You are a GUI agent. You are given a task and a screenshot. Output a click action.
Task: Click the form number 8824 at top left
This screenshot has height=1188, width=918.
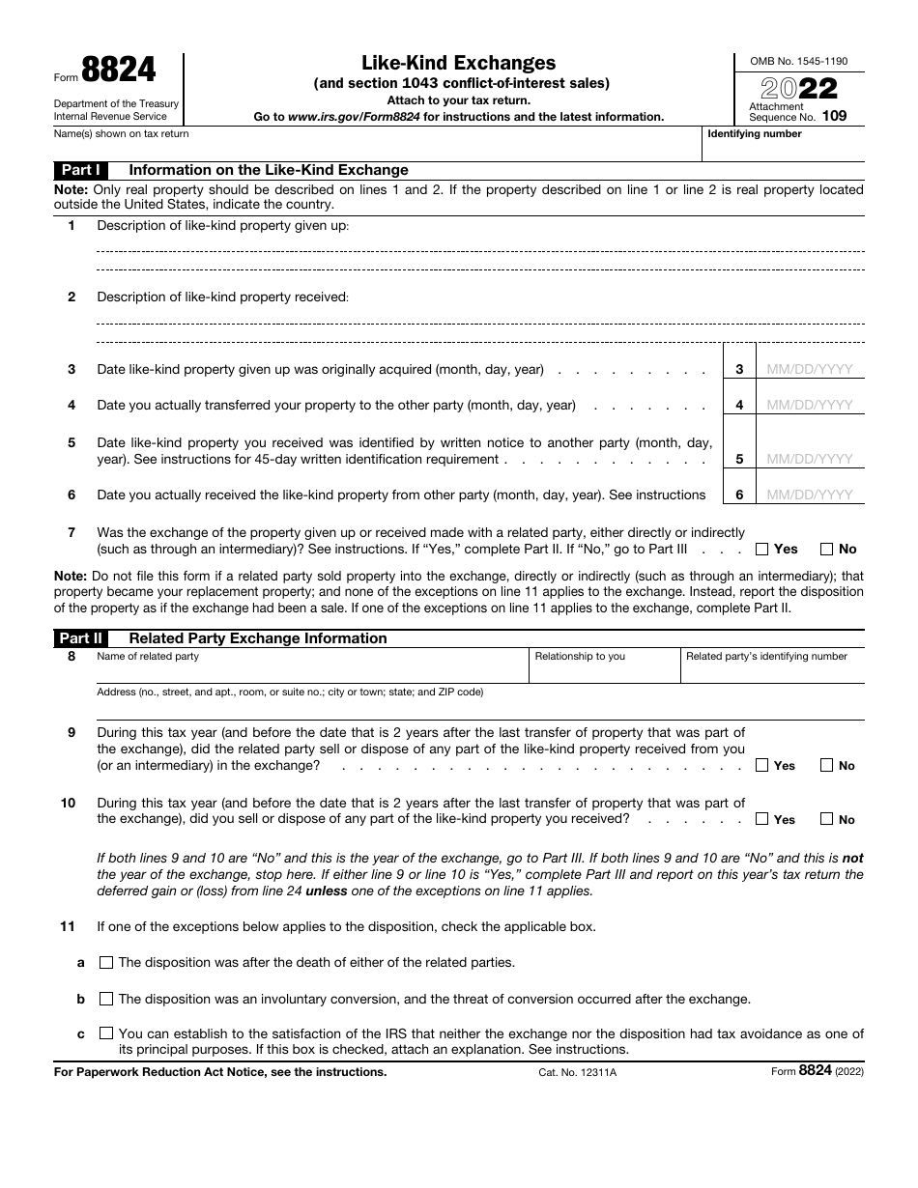[x=118, y=71]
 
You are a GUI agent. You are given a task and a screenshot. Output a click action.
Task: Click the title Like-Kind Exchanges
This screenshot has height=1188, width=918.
[x=459, y=63]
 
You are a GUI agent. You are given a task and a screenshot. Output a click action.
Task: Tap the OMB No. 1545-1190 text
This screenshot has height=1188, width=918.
[x=798, y=61]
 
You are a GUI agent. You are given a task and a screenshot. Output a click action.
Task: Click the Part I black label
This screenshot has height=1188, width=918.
[x=82, y=169]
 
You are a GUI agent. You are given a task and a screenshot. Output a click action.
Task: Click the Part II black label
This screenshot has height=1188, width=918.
[x=82, y=638]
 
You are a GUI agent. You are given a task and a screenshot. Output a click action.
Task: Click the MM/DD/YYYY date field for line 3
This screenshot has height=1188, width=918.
[x=810, y=369]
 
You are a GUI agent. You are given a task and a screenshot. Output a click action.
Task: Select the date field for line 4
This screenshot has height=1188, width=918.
[x=810, y=405]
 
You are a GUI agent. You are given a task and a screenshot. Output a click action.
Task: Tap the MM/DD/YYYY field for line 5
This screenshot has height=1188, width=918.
[x=810, y=459]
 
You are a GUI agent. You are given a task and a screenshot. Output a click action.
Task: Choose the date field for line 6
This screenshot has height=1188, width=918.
[x=810, y=495]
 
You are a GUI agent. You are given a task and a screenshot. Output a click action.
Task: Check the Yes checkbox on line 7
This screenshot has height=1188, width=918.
[x=761, y=550]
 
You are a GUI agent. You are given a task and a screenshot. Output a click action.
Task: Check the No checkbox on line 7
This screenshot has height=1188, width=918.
[x=826, y=550]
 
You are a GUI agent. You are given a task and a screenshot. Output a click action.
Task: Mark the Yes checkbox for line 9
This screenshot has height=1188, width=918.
[x=761, y=766]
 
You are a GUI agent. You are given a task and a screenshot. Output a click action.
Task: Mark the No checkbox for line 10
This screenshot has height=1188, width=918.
[x=826, y=819]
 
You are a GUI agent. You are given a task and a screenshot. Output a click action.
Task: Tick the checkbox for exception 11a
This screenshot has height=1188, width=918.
[x=106, y=962]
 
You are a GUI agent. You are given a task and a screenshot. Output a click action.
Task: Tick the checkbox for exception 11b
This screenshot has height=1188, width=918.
[x=106, y=999]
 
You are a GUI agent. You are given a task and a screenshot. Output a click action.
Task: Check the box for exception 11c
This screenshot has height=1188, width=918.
[x=106, y=1033]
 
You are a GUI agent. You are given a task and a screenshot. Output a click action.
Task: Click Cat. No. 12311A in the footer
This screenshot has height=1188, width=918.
[x=577, y=1072]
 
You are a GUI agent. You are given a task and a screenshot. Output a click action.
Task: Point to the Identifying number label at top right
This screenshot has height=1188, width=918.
[x=755, y=134]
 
